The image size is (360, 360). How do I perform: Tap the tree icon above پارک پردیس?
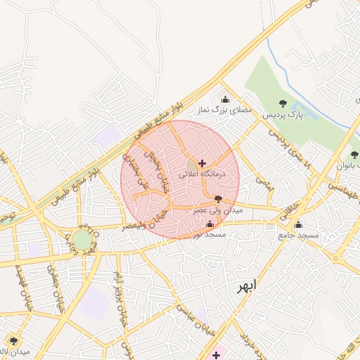pyautogui.click(x=283, y=104)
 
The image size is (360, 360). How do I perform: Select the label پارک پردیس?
pyautogui.click(x=283, y=114)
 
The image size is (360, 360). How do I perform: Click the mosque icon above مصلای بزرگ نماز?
pyautogui.click(x=225, y=100)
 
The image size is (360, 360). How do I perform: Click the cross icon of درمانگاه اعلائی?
pyautogui.click(x=202, y=162)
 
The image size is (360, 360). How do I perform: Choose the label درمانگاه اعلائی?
pyautogui.click(x=202, y=173)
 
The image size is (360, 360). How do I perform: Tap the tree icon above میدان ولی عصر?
pyautogui.click(x=217, y=200)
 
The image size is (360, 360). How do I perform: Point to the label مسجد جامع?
pyautogui.click(x=298, y=235)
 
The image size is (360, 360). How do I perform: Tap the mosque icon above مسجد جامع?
pyautogui.click(x=298, y=225)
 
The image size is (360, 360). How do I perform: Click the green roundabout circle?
pyautogui.click(x=82, y=240)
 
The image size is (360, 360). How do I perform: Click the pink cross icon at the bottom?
pyautogui.click(x=216, y=355)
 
